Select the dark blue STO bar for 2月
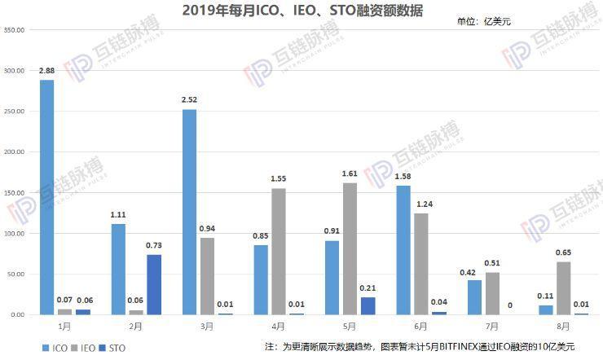point(154,284)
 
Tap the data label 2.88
point(47,72)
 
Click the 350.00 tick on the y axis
point(15,30)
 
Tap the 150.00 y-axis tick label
point(15,193)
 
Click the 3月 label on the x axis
point(207,326)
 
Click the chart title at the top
point(302,10)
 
